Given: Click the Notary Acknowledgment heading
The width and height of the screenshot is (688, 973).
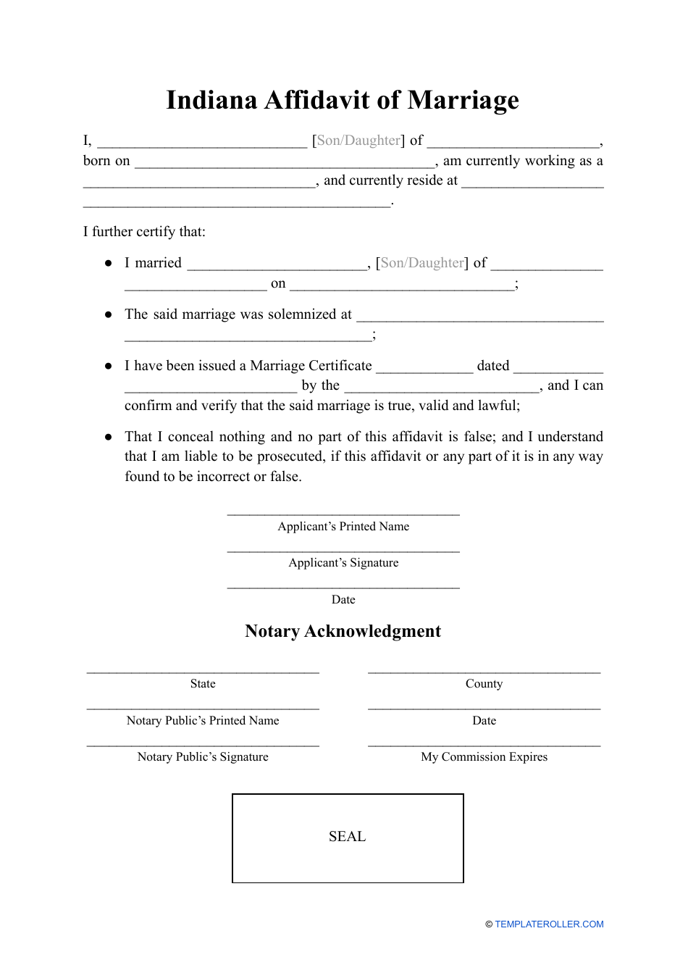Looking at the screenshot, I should click(x=343, y=631).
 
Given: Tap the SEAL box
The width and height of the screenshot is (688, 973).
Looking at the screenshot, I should click(x=348, y=838).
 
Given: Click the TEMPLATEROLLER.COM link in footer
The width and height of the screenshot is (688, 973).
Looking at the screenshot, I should click(x=549, y=924).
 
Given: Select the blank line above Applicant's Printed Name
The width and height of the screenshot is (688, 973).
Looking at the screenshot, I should click(x=343, y=514).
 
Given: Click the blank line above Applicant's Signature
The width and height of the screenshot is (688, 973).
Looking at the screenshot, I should click(x=343, y=551).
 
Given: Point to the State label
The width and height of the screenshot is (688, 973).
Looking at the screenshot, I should click(x=203, y=684).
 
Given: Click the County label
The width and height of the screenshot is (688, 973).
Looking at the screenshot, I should click(x=484, y=684).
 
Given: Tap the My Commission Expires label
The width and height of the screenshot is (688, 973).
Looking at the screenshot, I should click(x=484, y=757).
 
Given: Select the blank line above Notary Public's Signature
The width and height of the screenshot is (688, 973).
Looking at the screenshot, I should click(x=203, y=745).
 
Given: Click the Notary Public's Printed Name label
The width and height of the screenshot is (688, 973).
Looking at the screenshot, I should click(x=203, y=721).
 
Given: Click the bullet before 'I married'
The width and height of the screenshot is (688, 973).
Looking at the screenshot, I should click(x=109, y=263).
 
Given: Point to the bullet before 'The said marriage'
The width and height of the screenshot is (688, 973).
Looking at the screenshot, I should click(x=109, y=314).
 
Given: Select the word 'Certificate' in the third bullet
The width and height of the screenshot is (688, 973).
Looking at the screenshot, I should click(x=339, y=366).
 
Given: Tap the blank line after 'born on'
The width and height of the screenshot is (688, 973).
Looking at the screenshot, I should click(x=285, y=166).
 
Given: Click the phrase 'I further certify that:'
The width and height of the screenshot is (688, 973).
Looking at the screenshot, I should click(x=144, y=232).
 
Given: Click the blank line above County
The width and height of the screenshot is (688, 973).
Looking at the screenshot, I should click(x=484, y=672).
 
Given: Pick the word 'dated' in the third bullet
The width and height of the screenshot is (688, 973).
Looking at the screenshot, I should click(x=493, y=366).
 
